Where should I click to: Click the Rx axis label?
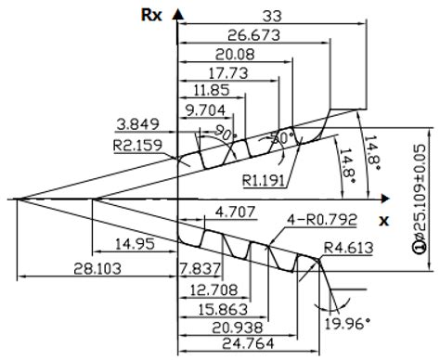click(x=151, y=14)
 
